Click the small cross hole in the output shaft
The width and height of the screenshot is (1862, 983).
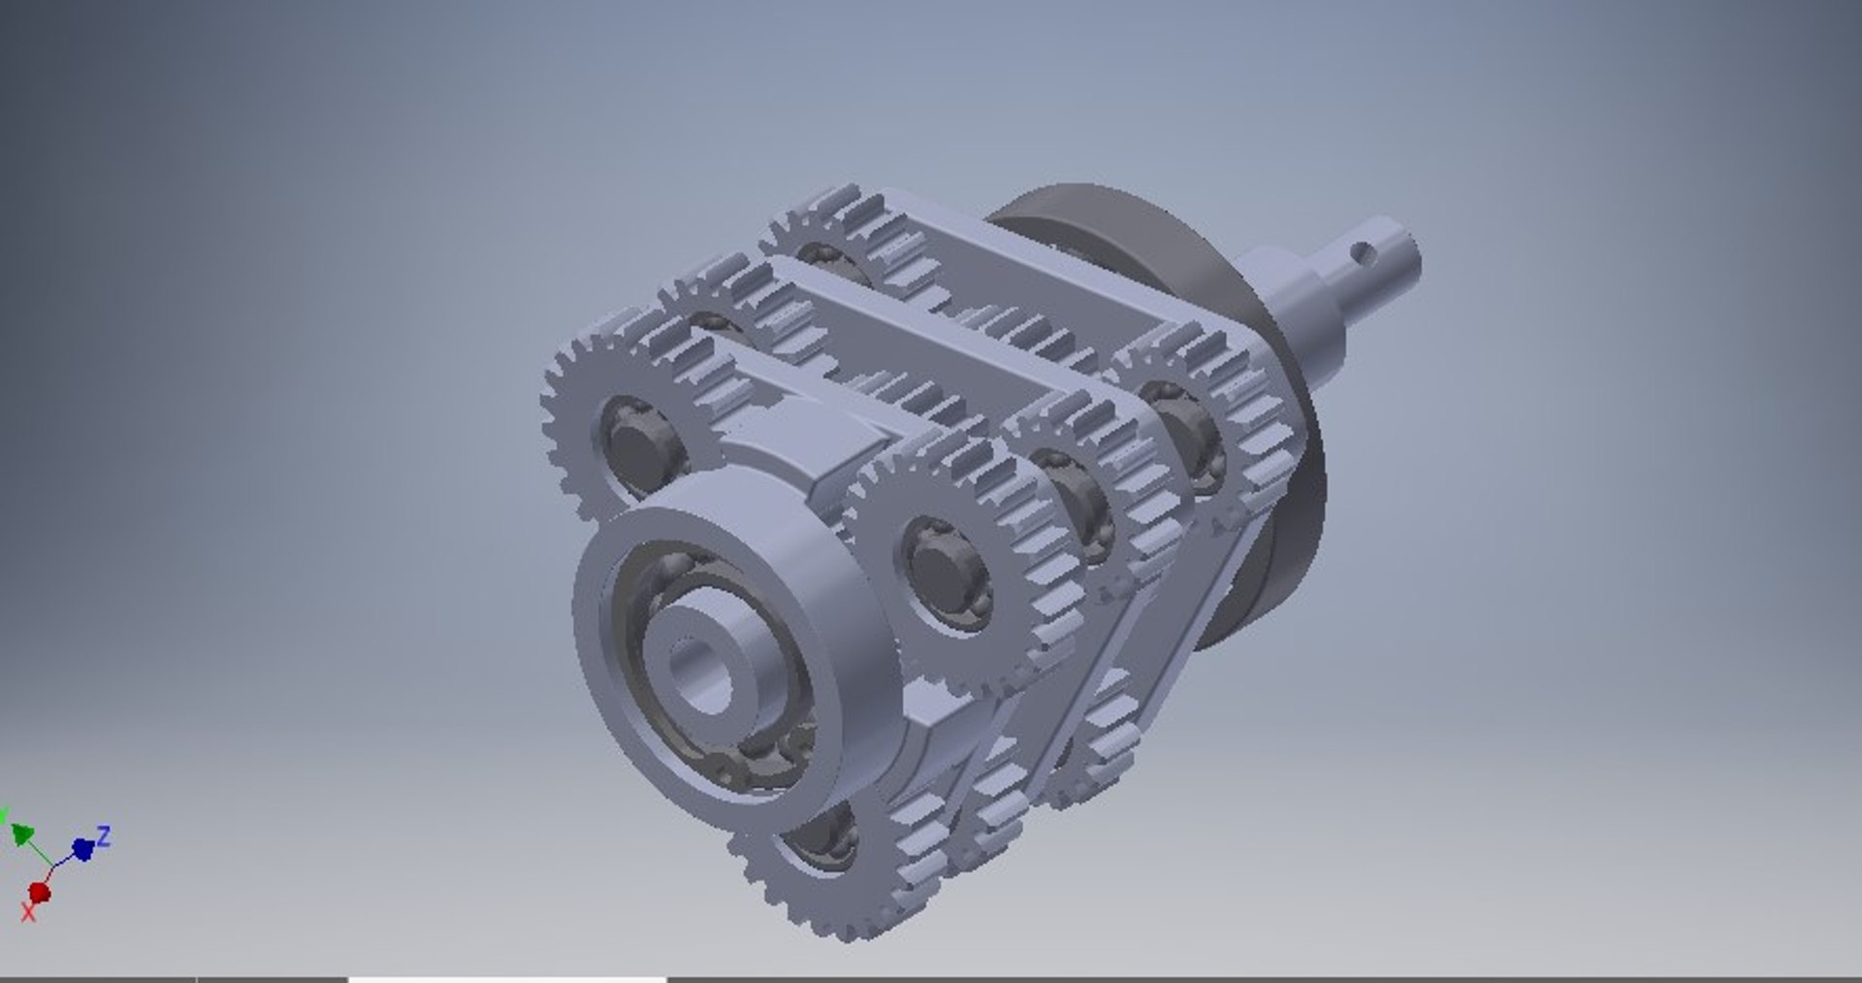point(1364,254)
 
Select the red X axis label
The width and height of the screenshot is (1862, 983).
point(28,912)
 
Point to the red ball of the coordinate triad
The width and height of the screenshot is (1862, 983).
point(40,891)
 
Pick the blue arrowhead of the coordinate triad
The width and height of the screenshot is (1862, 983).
point(83,849)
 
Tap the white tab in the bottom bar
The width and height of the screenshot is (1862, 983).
point(507,978)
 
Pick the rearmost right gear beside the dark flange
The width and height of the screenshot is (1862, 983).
point(1212,408)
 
